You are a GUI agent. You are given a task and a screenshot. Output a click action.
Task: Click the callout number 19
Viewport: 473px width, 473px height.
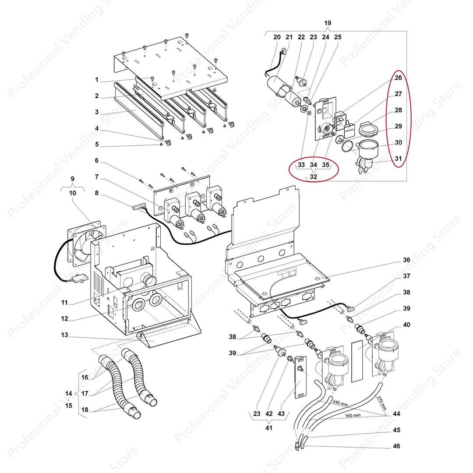328,23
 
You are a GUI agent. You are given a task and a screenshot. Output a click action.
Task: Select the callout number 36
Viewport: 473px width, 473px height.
406,260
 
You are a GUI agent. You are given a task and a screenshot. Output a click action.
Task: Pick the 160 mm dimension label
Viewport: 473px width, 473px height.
352,415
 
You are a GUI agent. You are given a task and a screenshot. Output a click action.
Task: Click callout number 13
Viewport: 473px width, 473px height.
64,335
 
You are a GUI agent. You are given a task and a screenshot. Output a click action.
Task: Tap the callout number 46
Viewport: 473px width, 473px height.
396,446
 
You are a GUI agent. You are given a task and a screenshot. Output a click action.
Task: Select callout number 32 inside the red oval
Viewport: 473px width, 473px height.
313,177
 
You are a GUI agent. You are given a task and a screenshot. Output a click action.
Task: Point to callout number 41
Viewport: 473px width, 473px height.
268,427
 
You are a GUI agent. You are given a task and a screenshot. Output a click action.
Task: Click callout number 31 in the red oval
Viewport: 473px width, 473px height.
398,159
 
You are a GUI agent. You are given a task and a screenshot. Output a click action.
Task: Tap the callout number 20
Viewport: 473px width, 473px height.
277,37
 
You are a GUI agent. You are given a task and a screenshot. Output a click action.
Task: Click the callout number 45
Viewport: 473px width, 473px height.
396,430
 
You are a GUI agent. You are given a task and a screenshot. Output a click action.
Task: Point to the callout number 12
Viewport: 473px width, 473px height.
64,318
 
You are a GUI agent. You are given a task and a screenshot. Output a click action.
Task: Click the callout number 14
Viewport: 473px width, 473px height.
68,394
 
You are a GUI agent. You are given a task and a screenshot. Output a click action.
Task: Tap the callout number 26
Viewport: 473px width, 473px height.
398,78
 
